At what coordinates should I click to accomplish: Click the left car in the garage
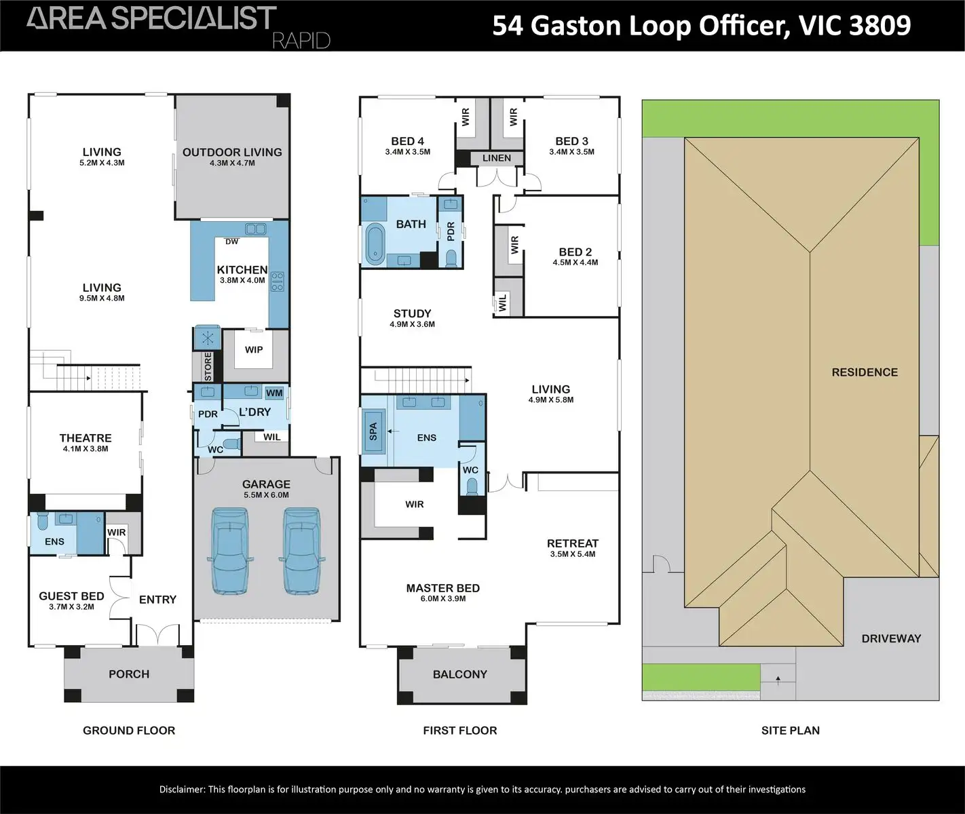coord(230,551)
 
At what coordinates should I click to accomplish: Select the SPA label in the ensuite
coord(373,431)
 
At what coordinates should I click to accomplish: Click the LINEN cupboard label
coord(497,158)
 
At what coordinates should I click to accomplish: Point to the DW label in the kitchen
coord(232,241)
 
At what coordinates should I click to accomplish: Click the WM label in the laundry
coord(274,393)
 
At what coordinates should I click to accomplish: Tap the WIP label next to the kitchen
coord(254,350)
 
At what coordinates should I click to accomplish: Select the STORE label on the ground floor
coord(208,366)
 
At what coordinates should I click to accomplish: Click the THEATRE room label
coord(86,438)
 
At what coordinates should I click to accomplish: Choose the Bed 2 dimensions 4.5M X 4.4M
coord(575,263)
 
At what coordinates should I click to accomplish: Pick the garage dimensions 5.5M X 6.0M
coord(266,495)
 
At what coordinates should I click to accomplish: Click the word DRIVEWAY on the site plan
coord(891,638)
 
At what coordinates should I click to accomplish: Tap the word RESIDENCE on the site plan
coord(865,372)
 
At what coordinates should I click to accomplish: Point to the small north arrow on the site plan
coord(778,679)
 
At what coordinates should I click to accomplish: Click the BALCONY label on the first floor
coord(460,674)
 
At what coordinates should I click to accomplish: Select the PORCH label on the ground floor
coord(129,674)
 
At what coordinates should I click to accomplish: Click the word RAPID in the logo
coord(301,41)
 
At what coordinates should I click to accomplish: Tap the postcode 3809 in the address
coord(879,26)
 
